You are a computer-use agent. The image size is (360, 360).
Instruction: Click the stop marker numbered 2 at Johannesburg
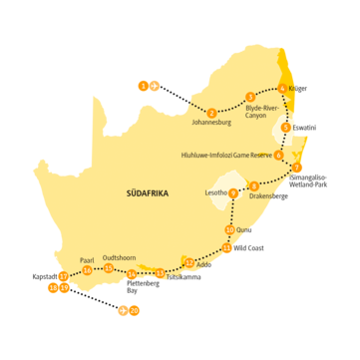(x=211, y=112)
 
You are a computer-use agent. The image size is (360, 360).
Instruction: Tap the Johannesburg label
(x=211, y=123)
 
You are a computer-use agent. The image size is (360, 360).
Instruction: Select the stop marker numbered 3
(x=249, y=96)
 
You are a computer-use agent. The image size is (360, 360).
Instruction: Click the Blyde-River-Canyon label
(x=264, y=111)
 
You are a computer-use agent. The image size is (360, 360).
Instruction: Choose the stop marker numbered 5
(x=286, y=128)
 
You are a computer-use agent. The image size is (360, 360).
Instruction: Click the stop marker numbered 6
(x=278, y=154)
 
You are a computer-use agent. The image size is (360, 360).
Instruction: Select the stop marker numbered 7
(x=297, y=168)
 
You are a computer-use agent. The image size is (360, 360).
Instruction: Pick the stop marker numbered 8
(x=254, y=184)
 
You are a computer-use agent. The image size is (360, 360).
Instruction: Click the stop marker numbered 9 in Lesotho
(x=233, y=193)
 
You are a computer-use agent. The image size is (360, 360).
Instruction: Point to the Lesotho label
(x=216, y=191)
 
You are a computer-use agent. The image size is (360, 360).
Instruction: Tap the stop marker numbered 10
(x=230, y=229)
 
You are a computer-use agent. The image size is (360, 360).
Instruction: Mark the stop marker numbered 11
(x=226, y=247)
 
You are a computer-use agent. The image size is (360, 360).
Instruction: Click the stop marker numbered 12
(x=188, y=262)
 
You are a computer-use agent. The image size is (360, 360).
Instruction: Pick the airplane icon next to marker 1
(x=155, y=86)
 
